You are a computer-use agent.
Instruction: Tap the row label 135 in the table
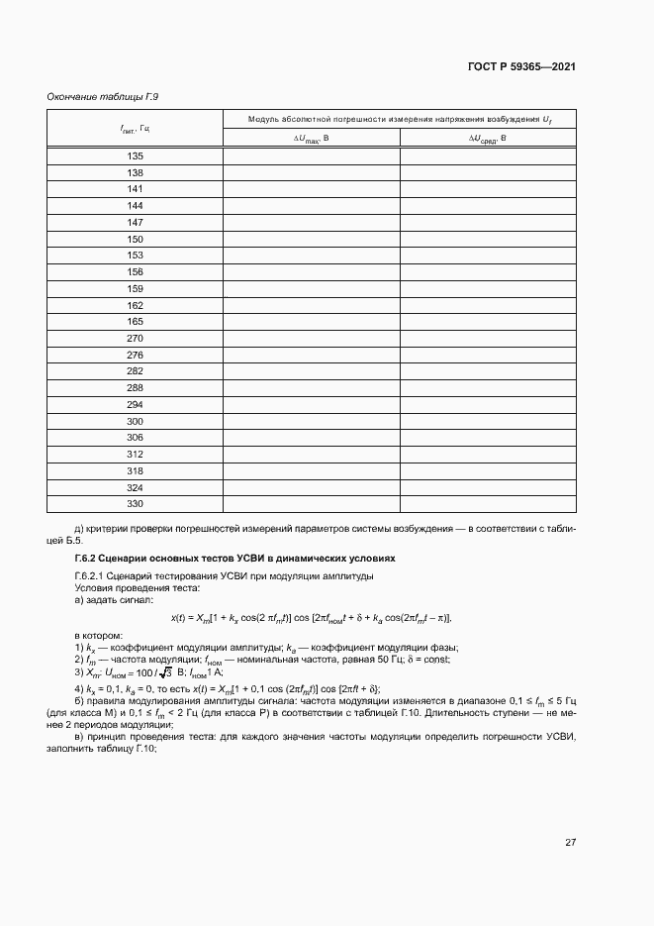click(136, 156)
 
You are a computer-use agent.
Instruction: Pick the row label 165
click(136, 322)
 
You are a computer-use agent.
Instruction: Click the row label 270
click(136, 339)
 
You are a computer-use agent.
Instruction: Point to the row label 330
click(136, 504)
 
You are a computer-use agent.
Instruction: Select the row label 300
click(136, 421)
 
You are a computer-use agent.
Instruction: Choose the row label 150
click(136, 240)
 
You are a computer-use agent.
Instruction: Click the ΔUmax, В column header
click(311, 139)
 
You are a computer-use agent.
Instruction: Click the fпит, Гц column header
click(135, 129)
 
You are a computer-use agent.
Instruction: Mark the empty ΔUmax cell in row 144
click(311, 206)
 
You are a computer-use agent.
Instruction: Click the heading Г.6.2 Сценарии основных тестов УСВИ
click(234, 559)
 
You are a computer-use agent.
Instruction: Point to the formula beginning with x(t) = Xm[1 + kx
click(311, 618)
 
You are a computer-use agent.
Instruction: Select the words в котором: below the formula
click(98, 635)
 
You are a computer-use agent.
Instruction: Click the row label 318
click(136, 470)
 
